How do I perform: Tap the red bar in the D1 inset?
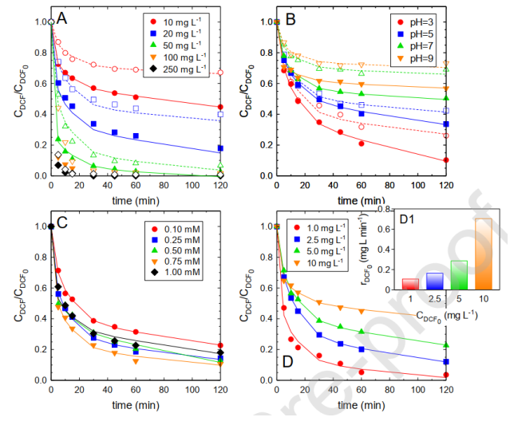pos(389,284)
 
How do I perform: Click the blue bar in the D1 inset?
pos(412,281)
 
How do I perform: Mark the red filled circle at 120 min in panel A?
pos(220,107)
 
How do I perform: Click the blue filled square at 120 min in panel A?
pos(220,148)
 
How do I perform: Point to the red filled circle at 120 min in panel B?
pos(445,159)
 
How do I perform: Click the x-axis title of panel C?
pos(135,406)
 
